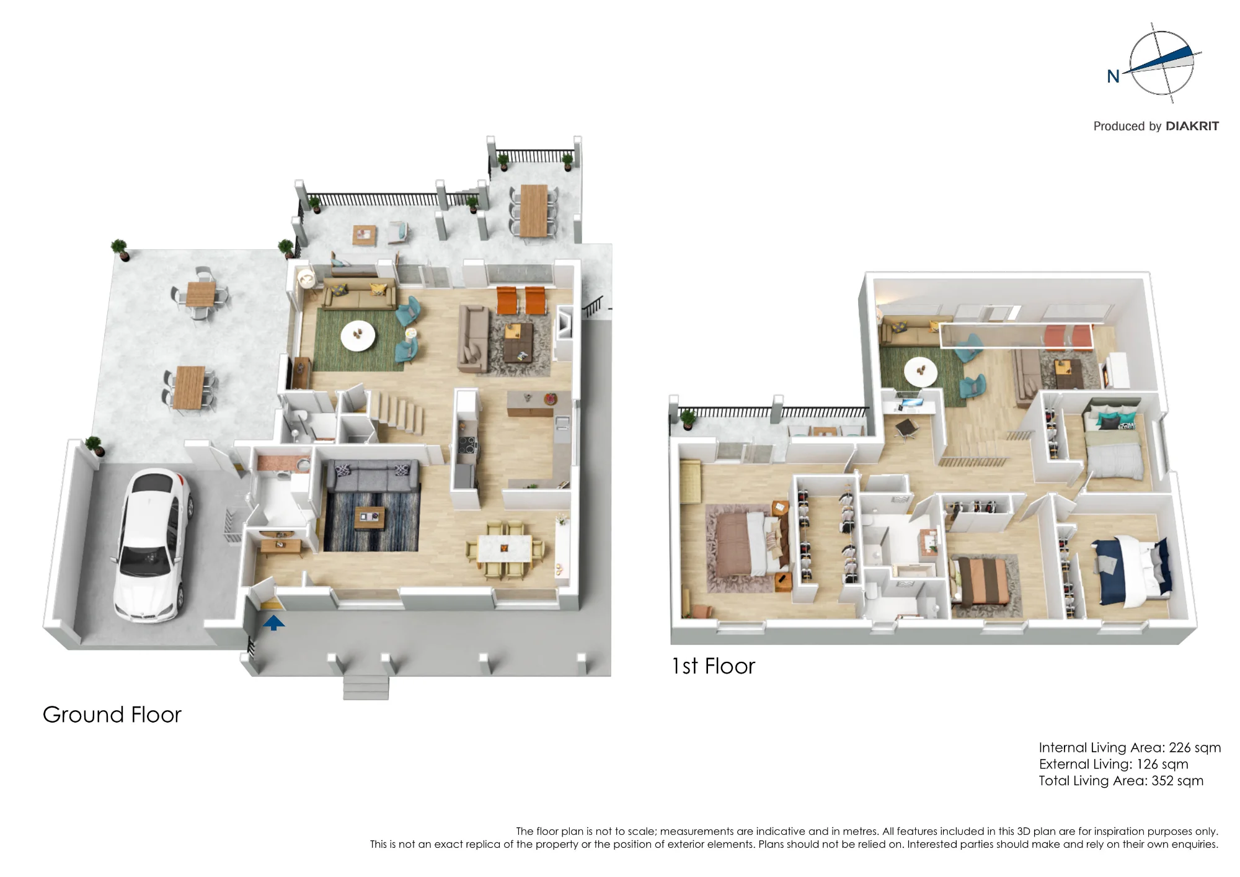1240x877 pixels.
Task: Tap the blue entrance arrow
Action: (x=273, y=622)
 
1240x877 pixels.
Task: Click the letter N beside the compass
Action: (x=1114, y=76)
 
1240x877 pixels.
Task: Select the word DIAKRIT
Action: (x=1192, y=126)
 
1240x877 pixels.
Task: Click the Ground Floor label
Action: (x=112, y=715)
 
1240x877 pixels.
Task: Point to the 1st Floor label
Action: (x=714, y=666)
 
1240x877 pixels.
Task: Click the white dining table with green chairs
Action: (x=504, y=549)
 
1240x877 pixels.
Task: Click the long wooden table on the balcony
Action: (x=533, y=210)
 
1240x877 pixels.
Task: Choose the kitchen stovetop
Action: (x=466, y=445)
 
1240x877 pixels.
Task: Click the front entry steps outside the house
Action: (x=366, y=687)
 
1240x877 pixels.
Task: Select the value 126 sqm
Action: (x=1162, y=764)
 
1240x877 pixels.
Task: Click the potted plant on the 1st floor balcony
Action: (x=688, y=419)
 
